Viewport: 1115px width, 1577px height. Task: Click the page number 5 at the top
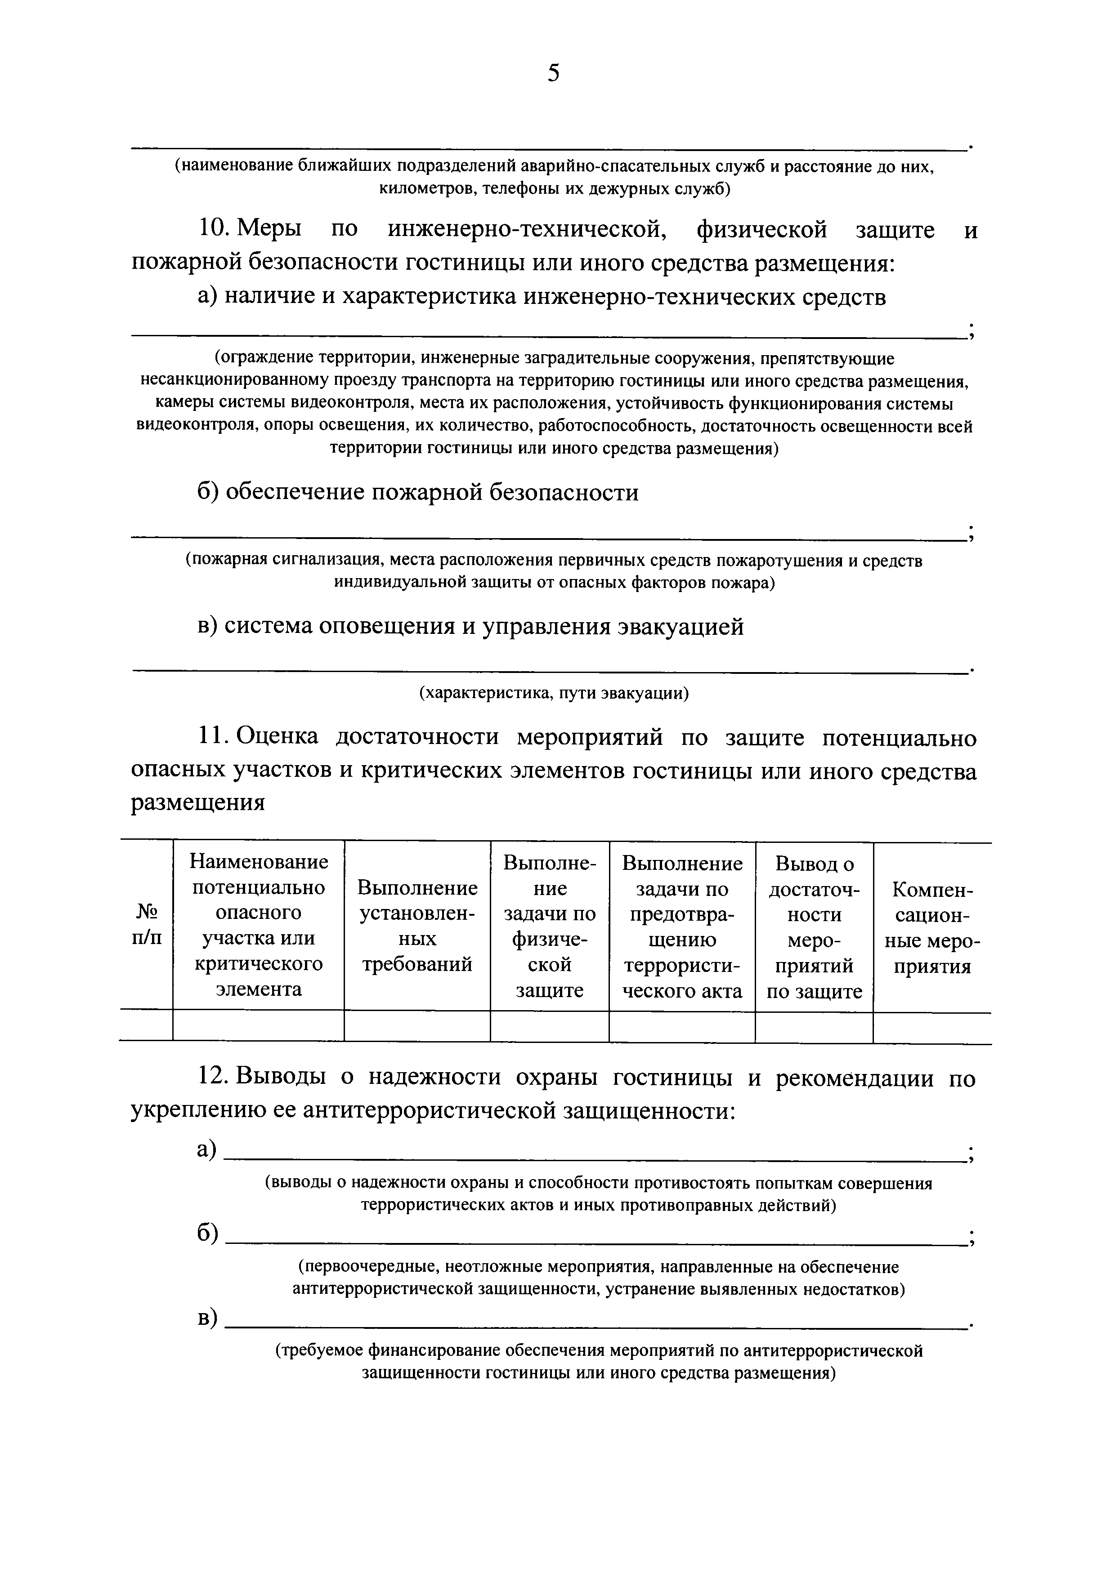point(554,73)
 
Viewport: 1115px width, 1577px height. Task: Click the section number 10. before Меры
point(215,229)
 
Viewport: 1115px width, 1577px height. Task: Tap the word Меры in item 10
point(268,229)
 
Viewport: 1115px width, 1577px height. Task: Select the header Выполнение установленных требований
point(417,925)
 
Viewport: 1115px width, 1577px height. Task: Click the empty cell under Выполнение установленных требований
point(417,1026)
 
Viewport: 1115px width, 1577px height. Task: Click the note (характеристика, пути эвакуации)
point(554,693)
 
